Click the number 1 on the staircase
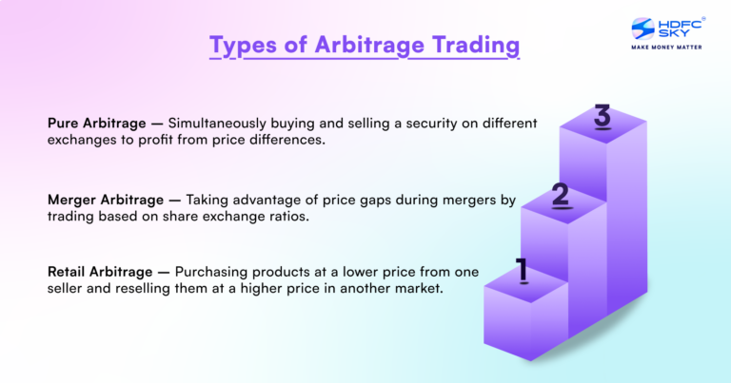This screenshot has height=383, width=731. coord(522,271)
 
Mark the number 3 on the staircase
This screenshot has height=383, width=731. coord(602,118)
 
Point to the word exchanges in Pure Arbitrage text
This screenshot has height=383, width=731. coord(81,140)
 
